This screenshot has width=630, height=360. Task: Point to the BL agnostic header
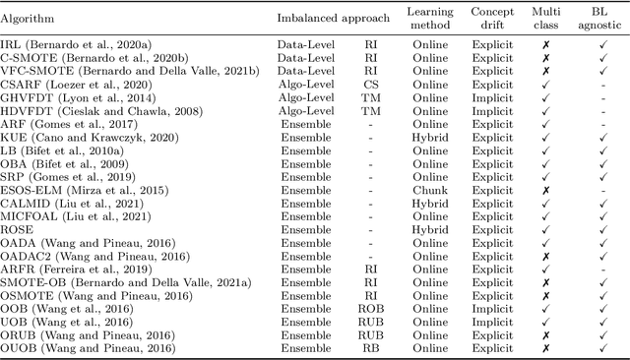[599, 18]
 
